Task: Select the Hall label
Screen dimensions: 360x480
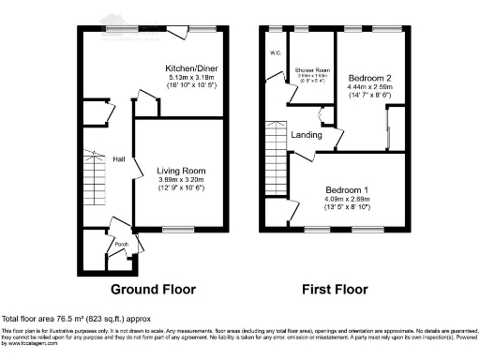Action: [x=119, y=159]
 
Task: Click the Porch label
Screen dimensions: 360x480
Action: [x=121, y=246]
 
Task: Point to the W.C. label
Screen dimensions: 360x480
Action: [x=277, y=53]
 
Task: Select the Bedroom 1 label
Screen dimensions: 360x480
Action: [x=346, y=190]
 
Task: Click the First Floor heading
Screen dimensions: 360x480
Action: [x=335, y=289]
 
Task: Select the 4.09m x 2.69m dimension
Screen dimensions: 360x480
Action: [x=346, y=199]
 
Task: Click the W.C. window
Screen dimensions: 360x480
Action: [x=276, y=29]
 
